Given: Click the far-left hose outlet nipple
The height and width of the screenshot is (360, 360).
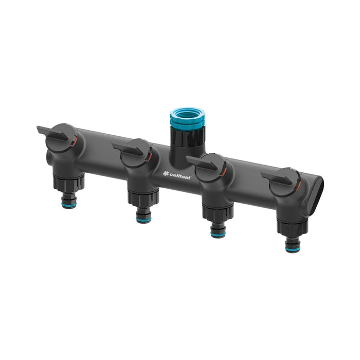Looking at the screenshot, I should pos(69,199).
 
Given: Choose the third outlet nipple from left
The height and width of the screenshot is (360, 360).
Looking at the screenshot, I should pos(218,229).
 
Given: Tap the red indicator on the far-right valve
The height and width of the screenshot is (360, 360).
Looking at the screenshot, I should pos(298,184).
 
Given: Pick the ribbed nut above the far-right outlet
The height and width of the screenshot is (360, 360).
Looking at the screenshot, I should pos(292,228).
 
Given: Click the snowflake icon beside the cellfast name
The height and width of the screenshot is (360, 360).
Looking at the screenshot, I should pos(166,173).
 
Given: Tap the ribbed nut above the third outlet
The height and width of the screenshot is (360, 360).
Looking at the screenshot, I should pos(218,212).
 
